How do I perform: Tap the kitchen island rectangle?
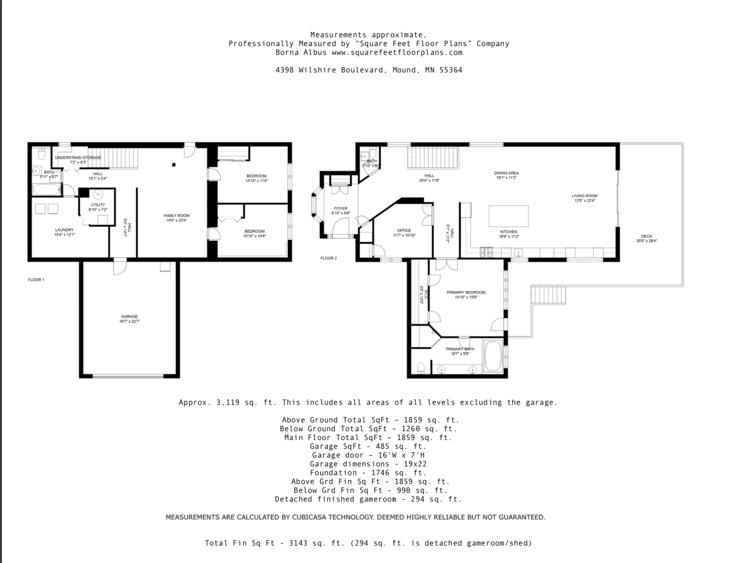coord(508,216)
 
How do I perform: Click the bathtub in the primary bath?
coord(493,356)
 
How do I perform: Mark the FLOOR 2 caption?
coord(329,258)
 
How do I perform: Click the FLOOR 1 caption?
coord(36,280)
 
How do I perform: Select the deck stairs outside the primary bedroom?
coord(548,295)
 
